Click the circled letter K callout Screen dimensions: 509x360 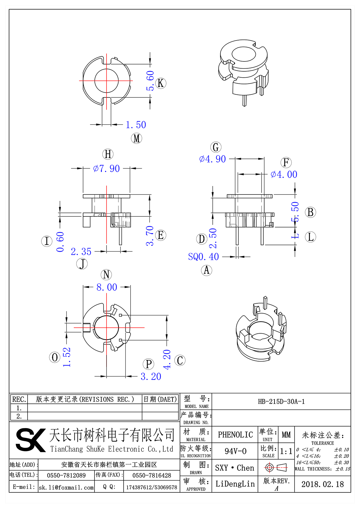pyautogui.click(x=161, y=83)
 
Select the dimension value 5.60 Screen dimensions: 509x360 pyautogui.click(x=150, y=81)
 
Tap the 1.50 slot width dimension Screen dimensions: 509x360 pyautogui.click(x=136, y=125)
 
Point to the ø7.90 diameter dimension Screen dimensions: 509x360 pyautogui.click(x=106, y=168)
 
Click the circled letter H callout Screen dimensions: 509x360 pyautogui.click(x=108, y=154)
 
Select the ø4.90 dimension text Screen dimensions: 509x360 pyautogui.click(x=212, y=159)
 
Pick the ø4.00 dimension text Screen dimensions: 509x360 pyautogui.click(x=284, y=174)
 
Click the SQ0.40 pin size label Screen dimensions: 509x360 pyautogui.click(x=203, y=257)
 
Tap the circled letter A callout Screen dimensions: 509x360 pyautogui.click(x=206, y=270)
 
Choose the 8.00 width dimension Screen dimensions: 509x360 pyautogui.click(x=107, y=287)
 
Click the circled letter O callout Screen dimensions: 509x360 pyautogui.click(x=55, y=357)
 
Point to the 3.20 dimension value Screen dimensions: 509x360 pyautogui.click(x=151, y=377)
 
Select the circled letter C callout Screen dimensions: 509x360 pyautogui.click(x=180, y=360)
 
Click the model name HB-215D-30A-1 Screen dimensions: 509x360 pyautogui.click(x=281, y=402)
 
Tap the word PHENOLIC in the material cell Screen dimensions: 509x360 pyautogui.click(x=235, y=435)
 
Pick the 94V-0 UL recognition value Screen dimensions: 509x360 pyautogui.click(x=235, y=451)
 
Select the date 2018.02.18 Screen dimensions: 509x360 pyautogui.click(x=322, y=484)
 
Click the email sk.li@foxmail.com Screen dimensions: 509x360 pyautogui.click(x=66, y=487)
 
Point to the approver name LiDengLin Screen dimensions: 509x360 pyautogui.click(x=235, y=484)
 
